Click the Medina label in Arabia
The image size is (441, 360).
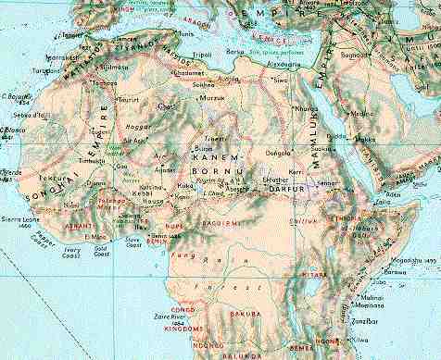click(x=362, y=115)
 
